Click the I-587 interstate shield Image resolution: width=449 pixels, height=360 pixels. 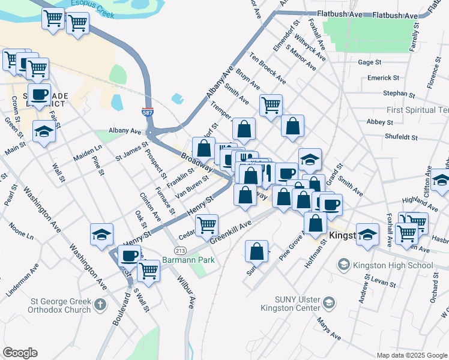click(148, 112)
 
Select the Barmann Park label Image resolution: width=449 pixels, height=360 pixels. click(188, 260)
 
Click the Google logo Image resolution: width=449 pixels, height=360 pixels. click(20, 353)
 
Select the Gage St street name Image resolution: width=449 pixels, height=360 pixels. click(369, 62)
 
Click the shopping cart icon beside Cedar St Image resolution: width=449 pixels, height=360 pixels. click(207, 225)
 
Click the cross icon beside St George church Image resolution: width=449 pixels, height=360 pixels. click(100, 305)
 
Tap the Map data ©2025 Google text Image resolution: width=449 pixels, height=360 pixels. click(412, 355)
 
